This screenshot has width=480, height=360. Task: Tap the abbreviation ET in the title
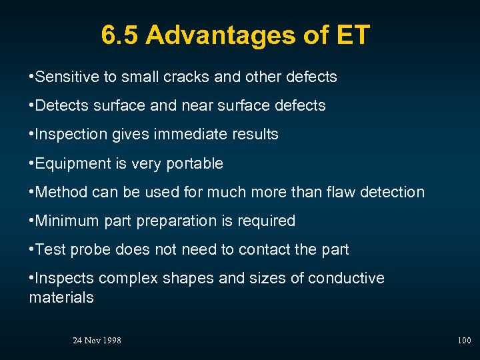click(352, 35)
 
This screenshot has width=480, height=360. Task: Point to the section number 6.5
click(121, 35)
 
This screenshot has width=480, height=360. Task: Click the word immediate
click(189, 134)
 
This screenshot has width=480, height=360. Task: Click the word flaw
click(338, 192)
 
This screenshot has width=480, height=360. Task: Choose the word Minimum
click(65, 221)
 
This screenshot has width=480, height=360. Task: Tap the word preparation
click(184, 221)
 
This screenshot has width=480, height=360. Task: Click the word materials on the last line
click(61, 297)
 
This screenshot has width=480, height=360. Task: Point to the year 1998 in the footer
click(111, 341)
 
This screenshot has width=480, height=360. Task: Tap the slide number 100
click(464, 341)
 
